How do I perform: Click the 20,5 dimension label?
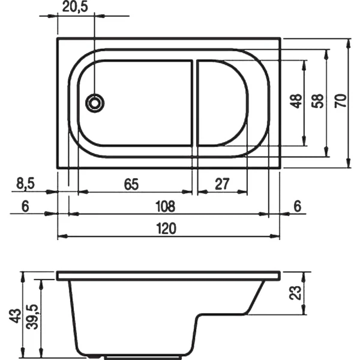click(x=75, y=7)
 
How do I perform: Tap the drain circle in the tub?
click(x=95, y=103)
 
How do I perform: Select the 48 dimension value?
click(x=296, y=101)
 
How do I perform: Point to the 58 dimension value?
click(x=318, y=101)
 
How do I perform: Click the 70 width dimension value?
click(x=341, y=101)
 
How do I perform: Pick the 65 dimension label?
click(x=131, y=184)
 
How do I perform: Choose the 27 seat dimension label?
click(x=222, y=184)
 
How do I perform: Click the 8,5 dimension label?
click(x=25, y=184)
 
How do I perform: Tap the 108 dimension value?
click(x=166, y=206)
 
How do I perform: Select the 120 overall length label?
click(x=167, y=229)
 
